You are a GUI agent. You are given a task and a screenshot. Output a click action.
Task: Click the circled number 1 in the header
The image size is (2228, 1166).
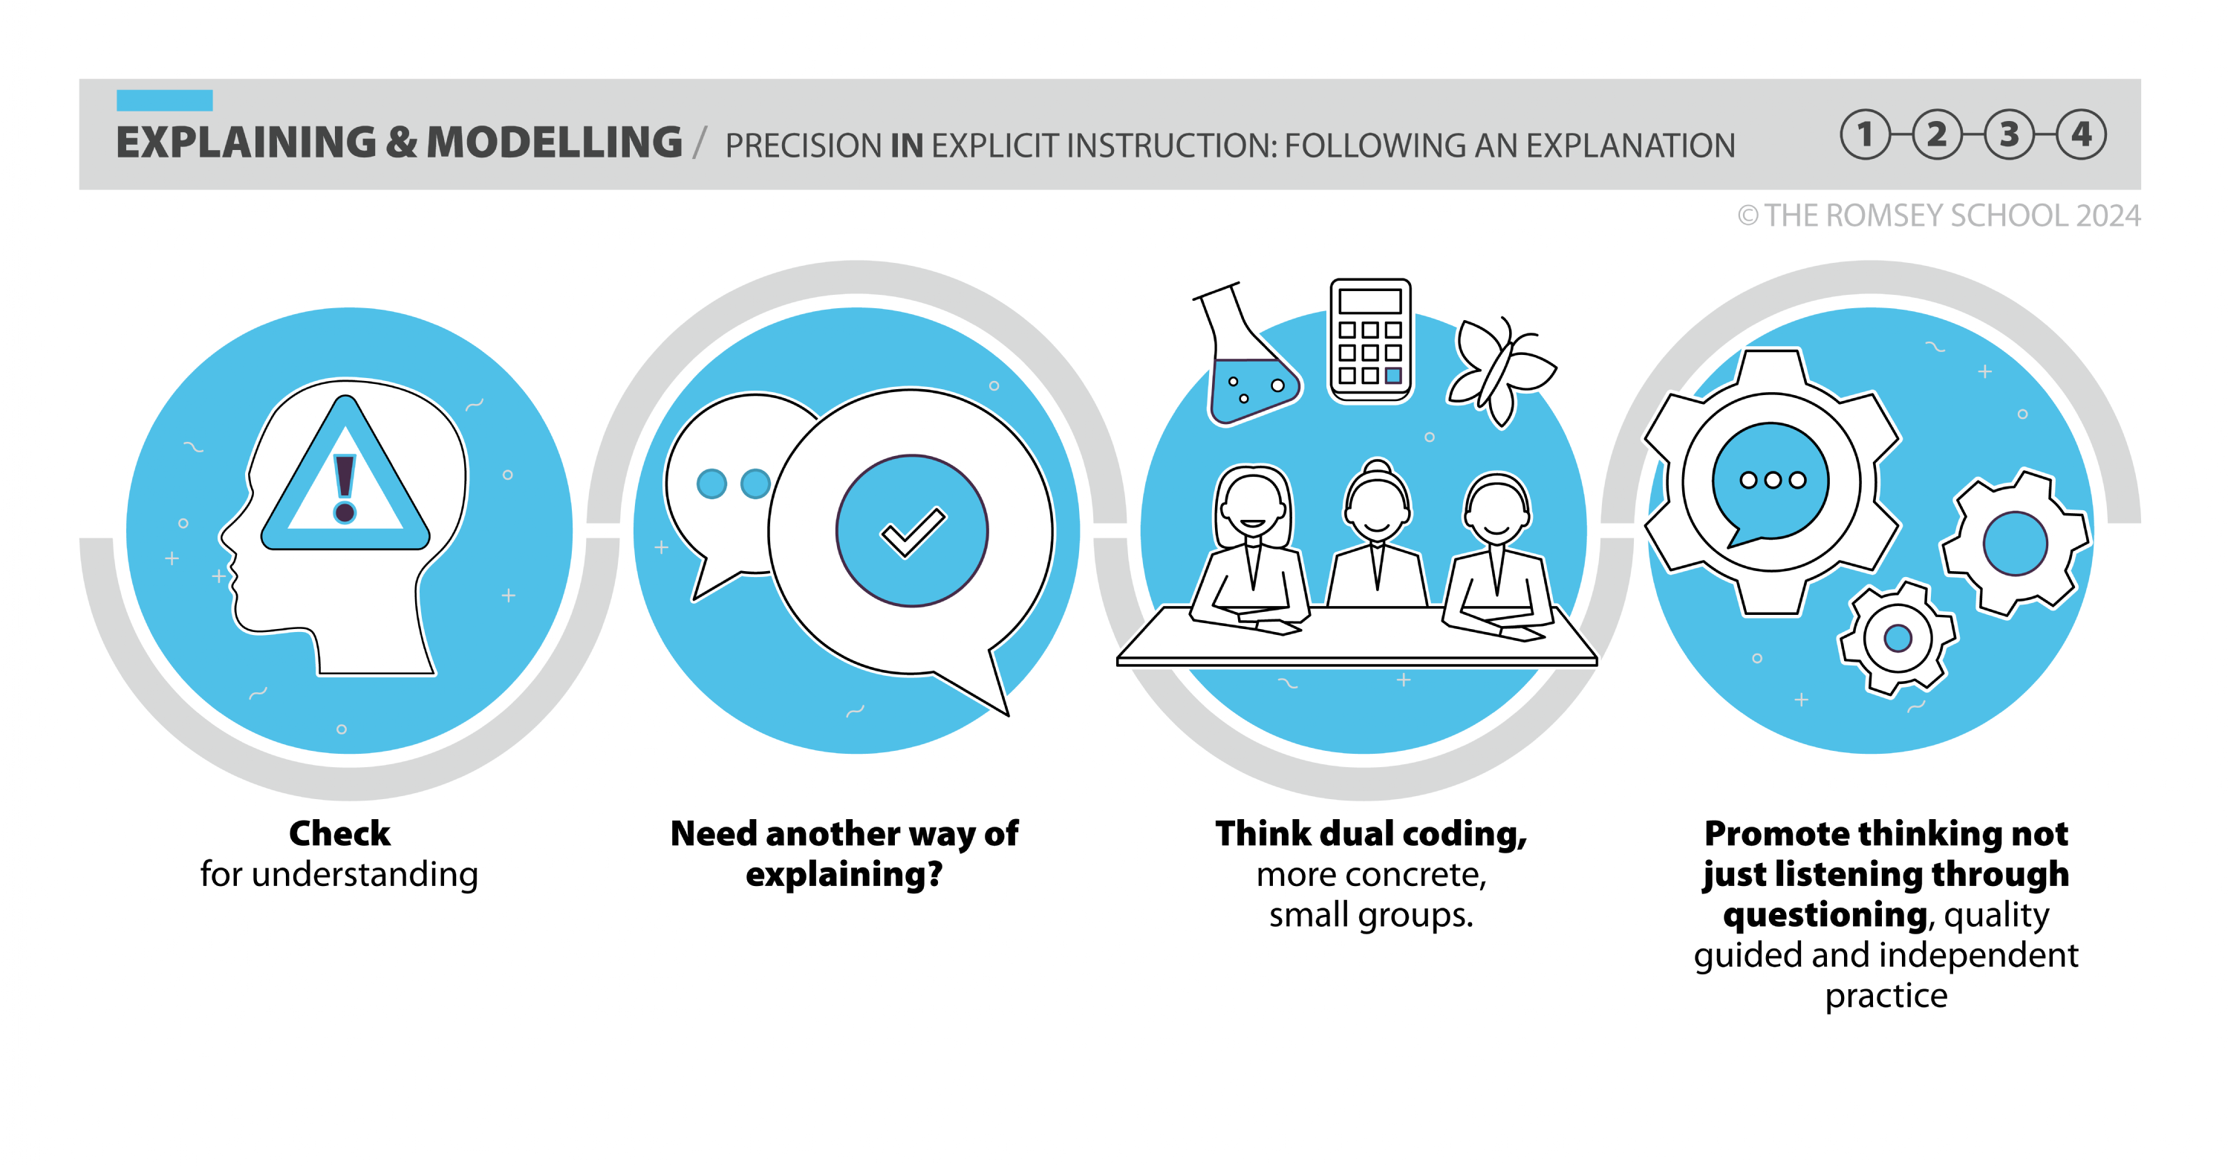[1865, 134]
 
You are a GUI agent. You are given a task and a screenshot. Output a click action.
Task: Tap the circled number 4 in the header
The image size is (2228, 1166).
[2081, 134]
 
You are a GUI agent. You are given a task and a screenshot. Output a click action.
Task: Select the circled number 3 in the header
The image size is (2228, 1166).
[2008, 134]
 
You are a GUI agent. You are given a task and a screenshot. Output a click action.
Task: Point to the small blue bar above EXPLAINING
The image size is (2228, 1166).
[164, 100]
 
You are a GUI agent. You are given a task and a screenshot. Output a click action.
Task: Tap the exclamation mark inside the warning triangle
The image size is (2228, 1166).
[345, 489]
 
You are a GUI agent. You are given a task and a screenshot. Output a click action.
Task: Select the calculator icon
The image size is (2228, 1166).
[1370, 340]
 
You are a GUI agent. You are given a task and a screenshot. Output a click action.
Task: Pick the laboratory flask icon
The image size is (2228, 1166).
[1245, 363]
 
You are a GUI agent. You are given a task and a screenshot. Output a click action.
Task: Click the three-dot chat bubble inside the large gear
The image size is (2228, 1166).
[1771, 480]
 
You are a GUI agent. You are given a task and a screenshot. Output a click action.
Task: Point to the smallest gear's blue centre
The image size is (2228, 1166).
[1898, 639]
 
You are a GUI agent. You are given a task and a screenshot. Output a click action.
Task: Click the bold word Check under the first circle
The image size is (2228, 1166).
[339, 833]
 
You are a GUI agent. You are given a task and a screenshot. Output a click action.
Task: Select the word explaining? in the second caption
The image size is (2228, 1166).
[844, 875]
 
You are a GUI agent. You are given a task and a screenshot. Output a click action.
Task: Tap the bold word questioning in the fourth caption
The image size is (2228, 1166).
[1825, 914]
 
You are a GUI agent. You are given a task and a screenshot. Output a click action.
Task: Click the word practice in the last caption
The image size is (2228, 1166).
[1886, 996]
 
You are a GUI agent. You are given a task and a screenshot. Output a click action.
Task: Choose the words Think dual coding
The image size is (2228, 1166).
[1370, 833]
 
